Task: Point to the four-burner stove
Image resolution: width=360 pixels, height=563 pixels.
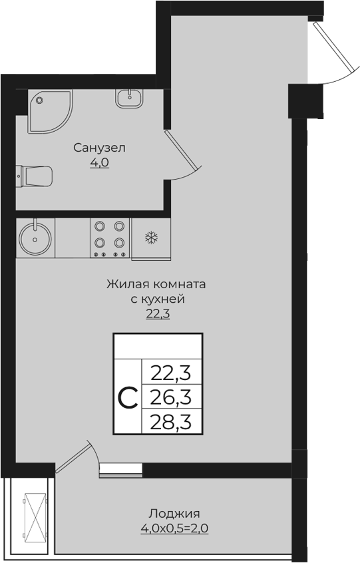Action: click(110, 238)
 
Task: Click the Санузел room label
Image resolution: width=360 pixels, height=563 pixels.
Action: click(100, 147)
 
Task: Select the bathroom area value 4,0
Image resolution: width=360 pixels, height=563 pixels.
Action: click(100, 162)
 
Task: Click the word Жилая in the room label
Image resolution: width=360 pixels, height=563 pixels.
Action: click(124, 284)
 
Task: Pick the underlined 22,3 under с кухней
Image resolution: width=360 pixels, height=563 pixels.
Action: click(158, 313)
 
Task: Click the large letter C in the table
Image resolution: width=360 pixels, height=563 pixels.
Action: click(128, 397)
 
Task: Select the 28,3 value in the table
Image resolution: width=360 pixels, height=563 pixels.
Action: click(171, 422)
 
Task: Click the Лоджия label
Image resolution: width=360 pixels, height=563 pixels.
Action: click(174, 514)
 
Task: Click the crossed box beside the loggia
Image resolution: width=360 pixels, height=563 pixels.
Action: click(33, 517)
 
